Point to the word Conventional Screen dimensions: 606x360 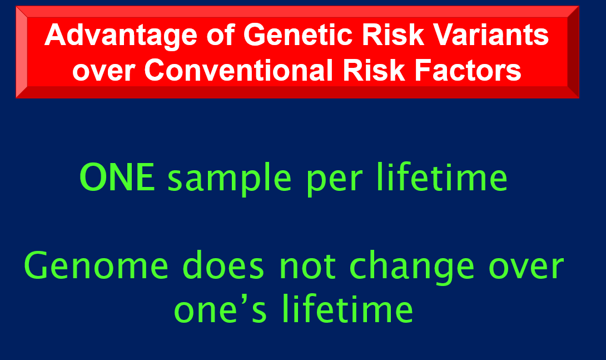pyautogui.click(x=239, y=70)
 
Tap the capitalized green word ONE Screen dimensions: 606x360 pyautogui.click(x=117, y=177)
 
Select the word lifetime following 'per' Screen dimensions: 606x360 pyautogui.click(x=442, y=177)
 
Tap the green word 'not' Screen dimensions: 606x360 pyautogui.click(x=307, y=267)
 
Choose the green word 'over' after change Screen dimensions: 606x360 pyautogui.click(x=526, y=268)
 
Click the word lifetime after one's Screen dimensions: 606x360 pyautogui.click(x=347, y=308)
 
